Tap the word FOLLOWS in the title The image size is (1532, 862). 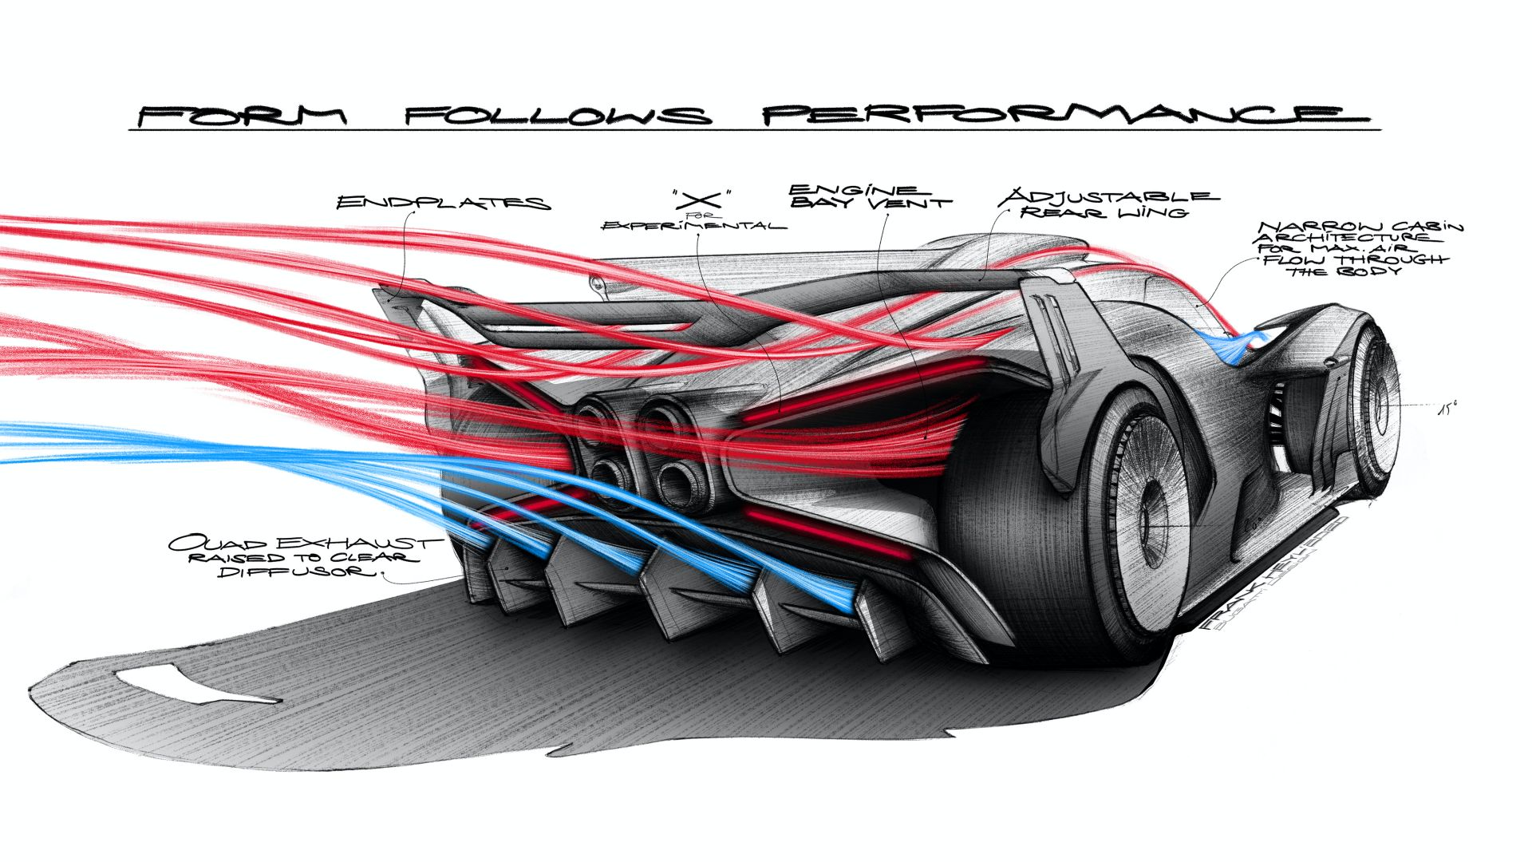pyautogui.click(x=557, y=116)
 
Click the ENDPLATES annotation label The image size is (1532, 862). pyautogui.click(x=443, y=202)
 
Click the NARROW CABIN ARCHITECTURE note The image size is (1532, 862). pyautogui.click(x=1356, y=248)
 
